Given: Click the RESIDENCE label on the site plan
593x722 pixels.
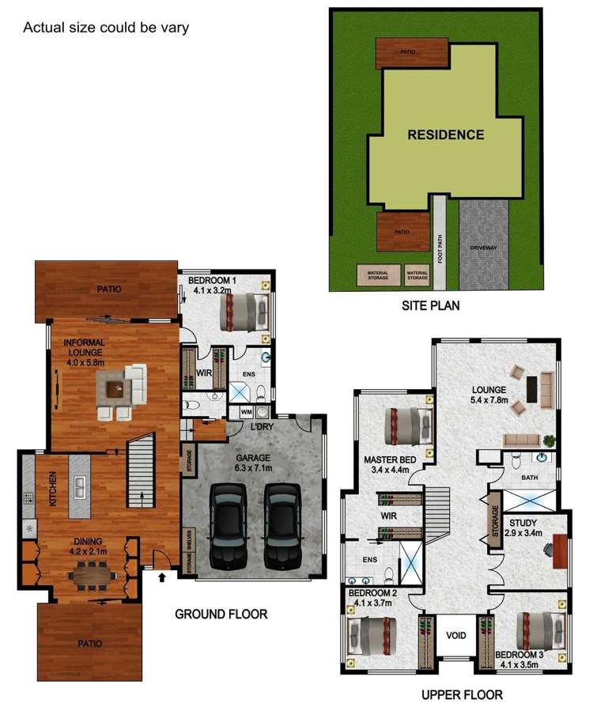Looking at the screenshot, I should coord(445,134).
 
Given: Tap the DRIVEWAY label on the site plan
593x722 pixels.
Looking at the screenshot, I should coord(483,248).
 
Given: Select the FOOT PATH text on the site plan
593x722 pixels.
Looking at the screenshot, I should coord(440,248).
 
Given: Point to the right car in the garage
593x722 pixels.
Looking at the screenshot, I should coord(282,526).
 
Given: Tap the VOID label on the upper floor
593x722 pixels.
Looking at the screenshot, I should coord(456,635).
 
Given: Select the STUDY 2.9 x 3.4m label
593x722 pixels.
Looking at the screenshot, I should coord(524,527).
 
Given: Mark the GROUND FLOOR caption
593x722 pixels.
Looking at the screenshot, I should coord(221,614).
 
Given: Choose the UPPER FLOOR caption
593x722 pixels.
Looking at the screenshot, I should coord(462,695).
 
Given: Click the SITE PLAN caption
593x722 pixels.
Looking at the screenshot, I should coord(431,304).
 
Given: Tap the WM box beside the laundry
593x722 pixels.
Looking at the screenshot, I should coord(245,412).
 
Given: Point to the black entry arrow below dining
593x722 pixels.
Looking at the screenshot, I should coord(162,577).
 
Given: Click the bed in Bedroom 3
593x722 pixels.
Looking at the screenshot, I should coord(542,631).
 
